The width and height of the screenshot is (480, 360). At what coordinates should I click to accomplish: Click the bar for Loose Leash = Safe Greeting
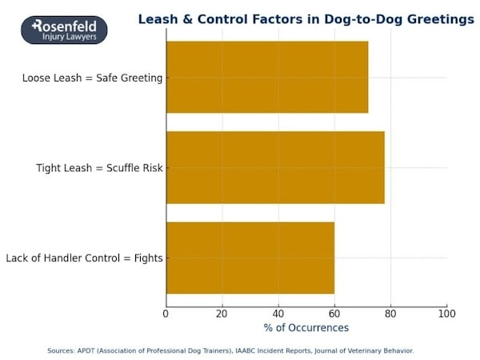coord(267,78)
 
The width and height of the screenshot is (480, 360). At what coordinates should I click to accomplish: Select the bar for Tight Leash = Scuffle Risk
coord(275,168)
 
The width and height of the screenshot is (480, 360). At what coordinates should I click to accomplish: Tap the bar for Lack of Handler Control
coord(250,258)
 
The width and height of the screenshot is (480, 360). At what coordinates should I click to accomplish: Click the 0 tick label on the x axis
coord(166,314)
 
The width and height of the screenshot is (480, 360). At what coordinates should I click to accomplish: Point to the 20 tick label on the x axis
coord(222,314)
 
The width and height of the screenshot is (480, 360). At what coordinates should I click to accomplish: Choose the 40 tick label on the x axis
coord(278,314)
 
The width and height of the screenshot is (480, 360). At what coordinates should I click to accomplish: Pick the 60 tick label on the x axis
coord(334,314)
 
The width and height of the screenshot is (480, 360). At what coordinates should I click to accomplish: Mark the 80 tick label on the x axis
coord(390,314)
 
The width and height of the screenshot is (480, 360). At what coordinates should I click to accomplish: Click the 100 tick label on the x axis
coord(446,314)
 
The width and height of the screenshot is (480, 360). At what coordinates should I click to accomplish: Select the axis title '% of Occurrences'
coord(306,328)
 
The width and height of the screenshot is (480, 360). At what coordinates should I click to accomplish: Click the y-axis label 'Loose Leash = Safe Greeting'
coord(94,78)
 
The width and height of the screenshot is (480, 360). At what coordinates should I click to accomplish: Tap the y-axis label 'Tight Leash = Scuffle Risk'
coord(99,168)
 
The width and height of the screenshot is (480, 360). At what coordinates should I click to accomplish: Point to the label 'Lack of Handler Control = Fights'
coord(84,258)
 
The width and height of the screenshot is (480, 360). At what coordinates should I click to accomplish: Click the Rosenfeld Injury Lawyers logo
coord(64,30)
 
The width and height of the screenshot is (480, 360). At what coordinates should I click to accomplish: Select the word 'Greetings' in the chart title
coord(438,19)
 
